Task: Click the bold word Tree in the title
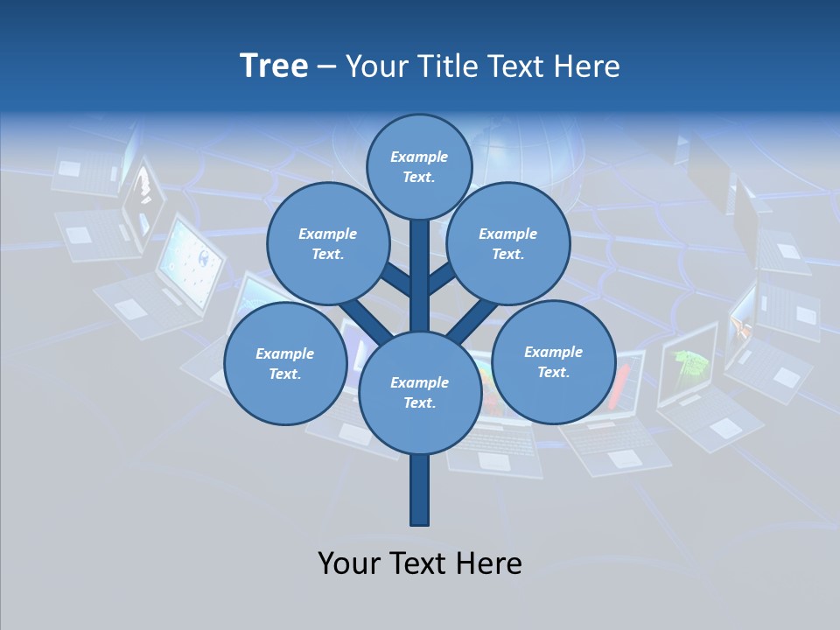pos(274,66)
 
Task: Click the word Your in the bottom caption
pos(349,563)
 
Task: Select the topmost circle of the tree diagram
pos(419,166)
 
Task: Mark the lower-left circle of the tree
pos(284,364)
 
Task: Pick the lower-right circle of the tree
pos(553,362)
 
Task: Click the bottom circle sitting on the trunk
pos(419,393)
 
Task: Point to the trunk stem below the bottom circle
pos(419,490)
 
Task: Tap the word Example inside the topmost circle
pos(419,157)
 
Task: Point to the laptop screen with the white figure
pos(143,198)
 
